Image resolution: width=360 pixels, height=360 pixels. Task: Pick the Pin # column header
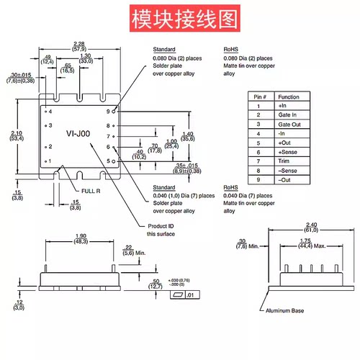[260, 96]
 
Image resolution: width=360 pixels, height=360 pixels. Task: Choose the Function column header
[289, 96]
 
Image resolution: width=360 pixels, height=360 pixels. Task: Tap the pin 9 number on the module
[108, 112]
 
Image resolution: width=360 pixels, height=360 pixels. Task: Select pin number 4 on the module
[50, 112]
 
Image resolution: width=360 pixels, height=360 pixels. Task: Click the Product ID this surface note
[162, 230]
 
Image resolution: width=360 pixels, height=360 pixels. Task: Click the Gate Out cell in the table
[289, 124]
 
